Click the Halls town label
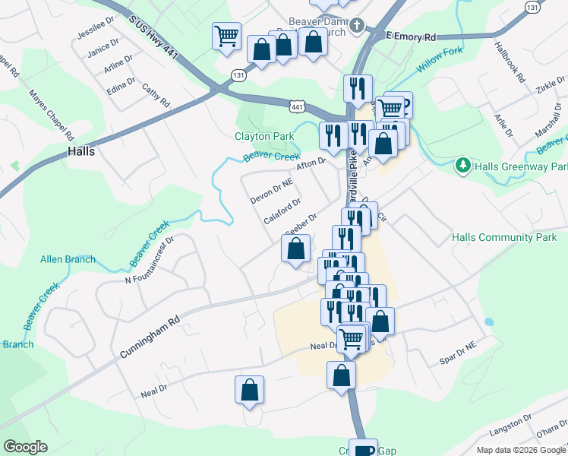(x=81, y=151)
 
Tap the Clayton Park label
(x=263, y=137)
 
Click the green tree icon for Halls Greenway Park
(x=462, y=165)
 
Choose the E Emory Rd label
(x=411, y=36)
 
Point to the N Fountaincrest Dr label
(x=150, y=259)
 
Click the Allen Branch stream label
(x=68, y=259)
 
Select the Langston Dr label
(x=510, y=422)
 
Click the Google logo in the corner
(x=25, y=447)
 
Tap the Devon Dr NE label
(x=271, y=192)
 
